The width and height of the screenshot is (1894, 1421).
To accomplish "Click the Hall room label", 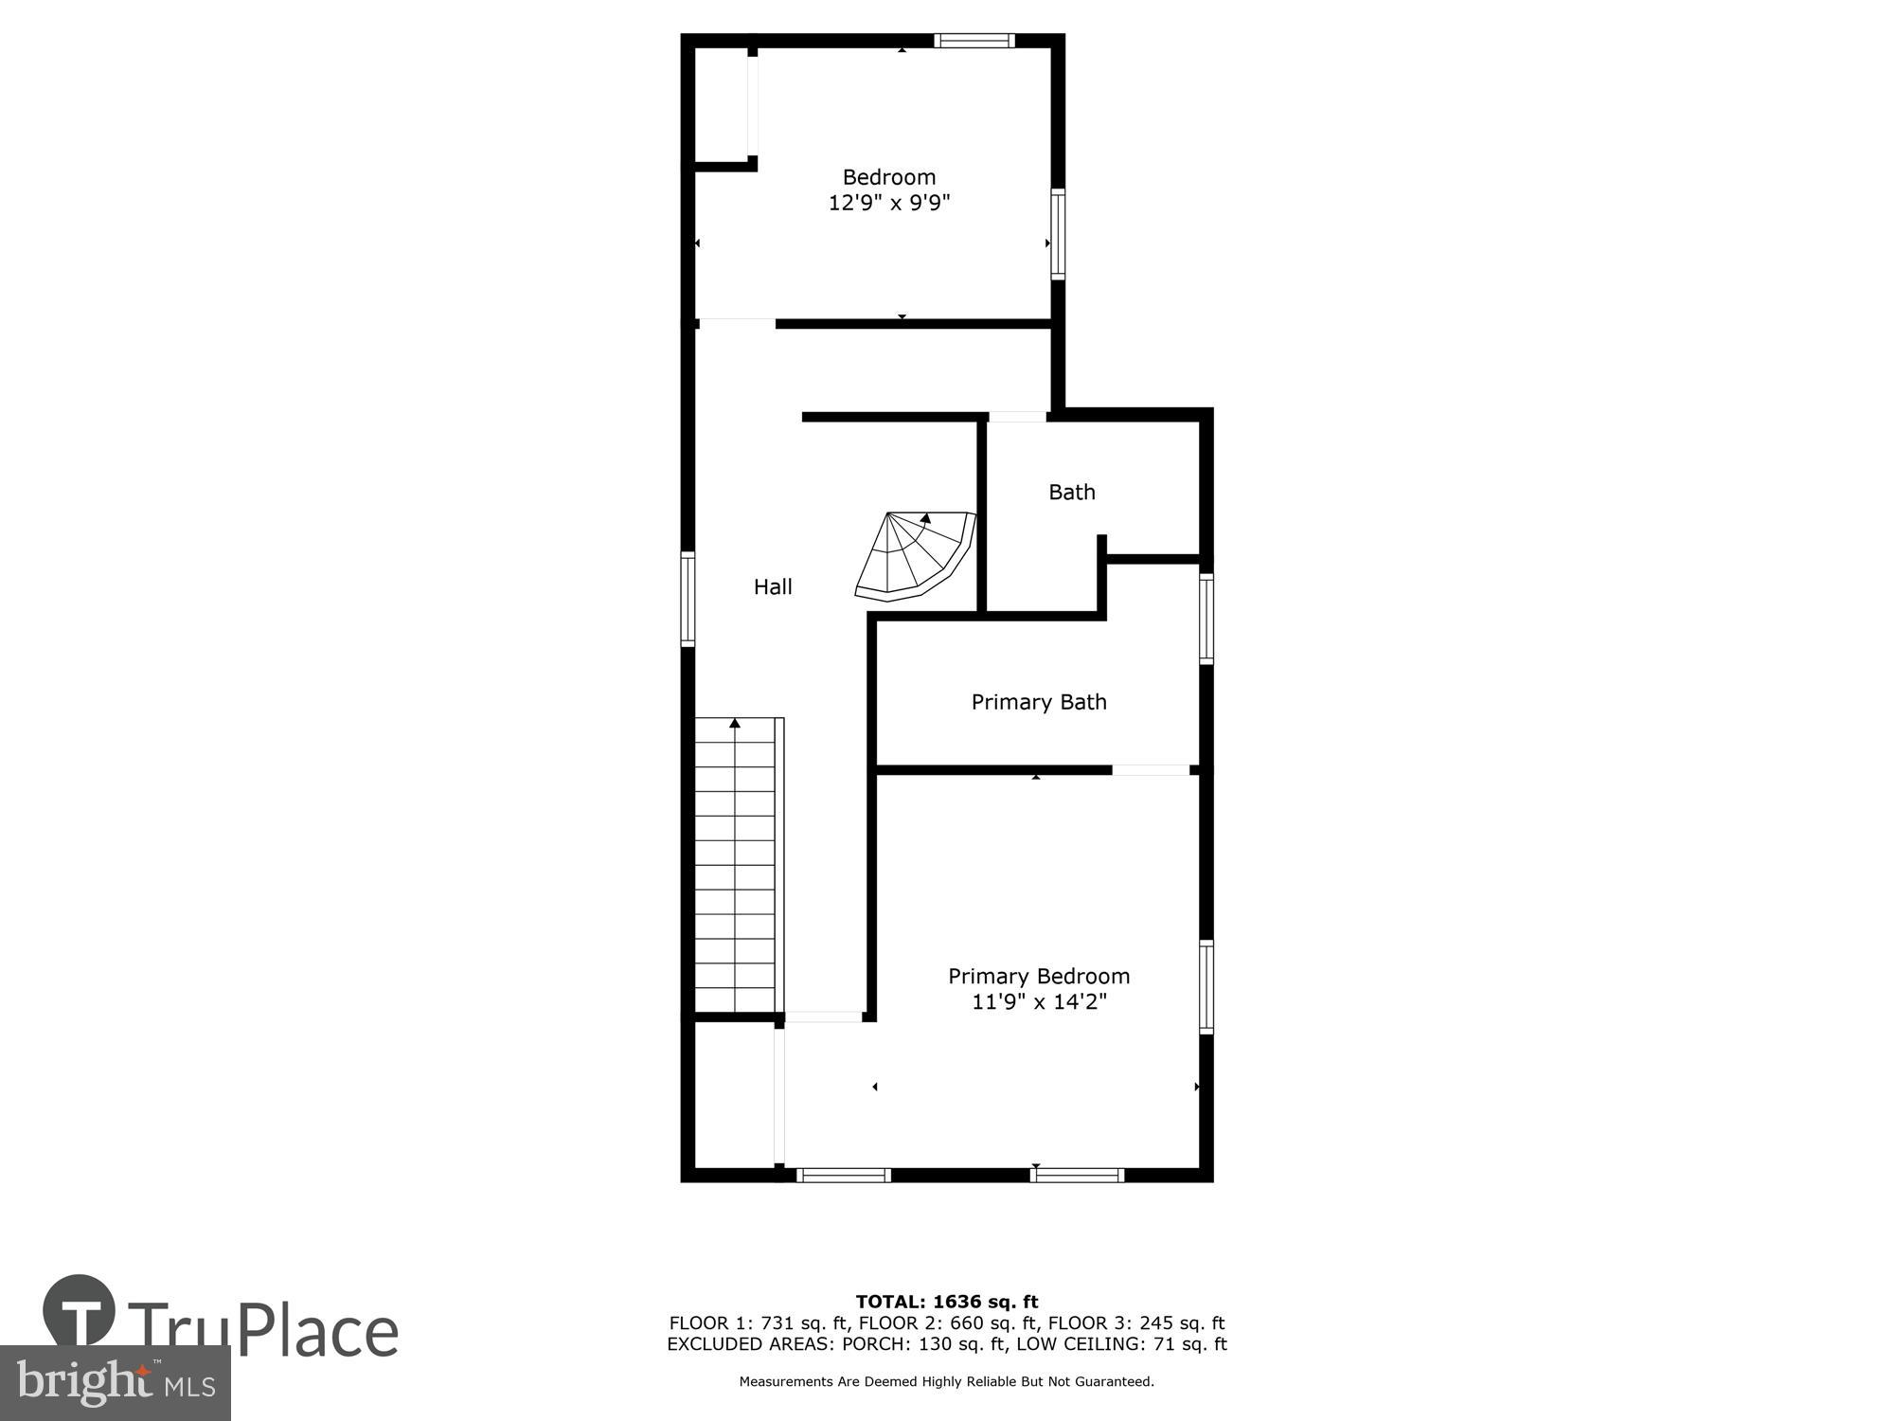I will coord(773,587).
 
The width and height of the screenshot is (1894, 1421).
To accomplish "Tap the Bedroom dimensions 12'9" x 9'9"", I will coord(888,203).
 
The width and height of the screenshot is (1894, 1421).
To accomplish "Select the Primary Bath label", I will coord(1039,702).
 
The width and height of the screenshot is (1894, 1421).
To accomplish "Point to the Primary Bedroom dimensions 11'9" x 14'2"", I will coord(1039,1002).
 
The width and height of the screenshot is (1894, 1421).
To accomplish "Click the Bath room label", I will coord(1071,492).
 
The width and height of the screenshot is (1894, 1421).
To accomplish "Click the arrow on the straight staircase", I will coord(735,724).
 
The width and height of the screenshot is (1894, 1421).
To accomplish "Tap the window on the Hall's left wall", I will coord(688,599).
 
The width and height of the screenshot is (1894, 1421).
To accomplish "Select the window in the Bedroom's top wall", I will coord(974,41).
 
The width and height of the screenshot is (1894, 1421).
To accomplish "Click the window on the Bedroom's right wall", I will coord(1058,234).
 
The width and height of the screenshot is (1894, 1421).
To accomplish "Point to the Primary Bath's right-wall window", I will coord(1206,619).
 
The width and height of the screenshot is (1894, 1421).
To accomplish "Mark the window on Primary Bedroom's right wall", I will coord(1206,986).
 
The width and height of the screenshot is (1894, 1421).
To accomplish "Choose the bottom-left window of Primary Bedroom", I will coord(843,1175).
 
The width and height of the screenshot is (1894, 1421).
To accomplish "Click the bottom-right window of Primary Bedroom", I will coord(1077,1175).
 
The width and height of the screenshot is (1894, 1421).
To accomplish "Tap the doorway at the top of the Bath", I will coord(1017,417).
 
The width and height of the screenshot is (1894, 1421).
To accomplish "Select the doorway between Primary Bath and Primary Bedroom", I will coord(1150,770).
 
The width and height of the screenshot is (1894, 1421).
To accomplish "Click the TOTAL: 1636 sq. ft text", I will coord(947,1302).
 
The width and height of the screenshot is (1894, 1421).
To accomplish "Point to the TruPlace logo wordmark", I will coord(260,1331).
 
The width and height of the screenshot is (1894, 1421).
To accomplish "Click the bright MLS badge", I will coord(116,1383).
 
